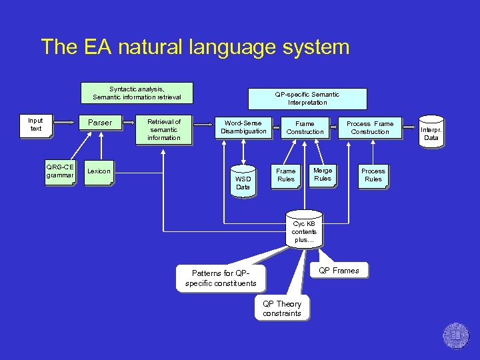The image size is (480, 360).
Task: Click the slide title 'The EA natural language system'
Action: [x=195, y=47]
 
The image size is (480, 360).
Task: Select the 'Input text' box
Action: [x=36, y=125]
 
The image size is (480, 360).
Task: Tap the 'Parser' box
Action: [x=100, y=123]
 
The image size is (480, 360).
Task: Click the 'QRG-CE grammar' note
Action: [x=59, y=171]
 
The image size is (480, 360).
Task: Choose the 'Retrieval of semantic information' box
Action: [x=164, y=129]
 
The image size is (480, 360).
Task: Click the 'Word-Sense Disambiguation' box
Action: [x=243, y=127]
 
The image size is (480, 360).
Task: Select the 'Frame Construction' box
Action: [x=305, y=127]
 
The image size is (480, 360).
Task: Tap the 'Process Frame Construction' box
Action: [x=370, y=127]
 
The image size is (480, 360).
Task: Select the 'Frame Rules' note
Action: [x=286, y=175]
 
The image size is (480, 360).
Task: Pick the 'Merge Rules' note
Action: [x=323, y=174]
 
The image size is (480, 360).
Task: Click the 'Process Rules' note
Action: [x=373, y=175]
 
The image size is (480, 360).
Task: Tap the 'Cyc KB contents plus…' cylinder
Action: [x=304, y=231]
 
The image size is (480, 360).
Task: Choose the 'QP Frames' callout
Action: [x=339, y=271]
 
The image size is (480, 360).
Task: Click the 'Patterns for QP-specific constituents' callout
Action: [x=220, y=278]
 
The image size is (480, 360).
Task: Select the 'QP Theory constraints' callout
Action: [x=282, y=308]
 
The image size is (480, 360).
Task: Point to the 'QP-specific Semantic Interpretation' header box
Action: [x=307, y=99]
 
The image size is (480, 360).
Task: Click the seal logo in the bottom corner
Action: [x=456, y=336]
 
